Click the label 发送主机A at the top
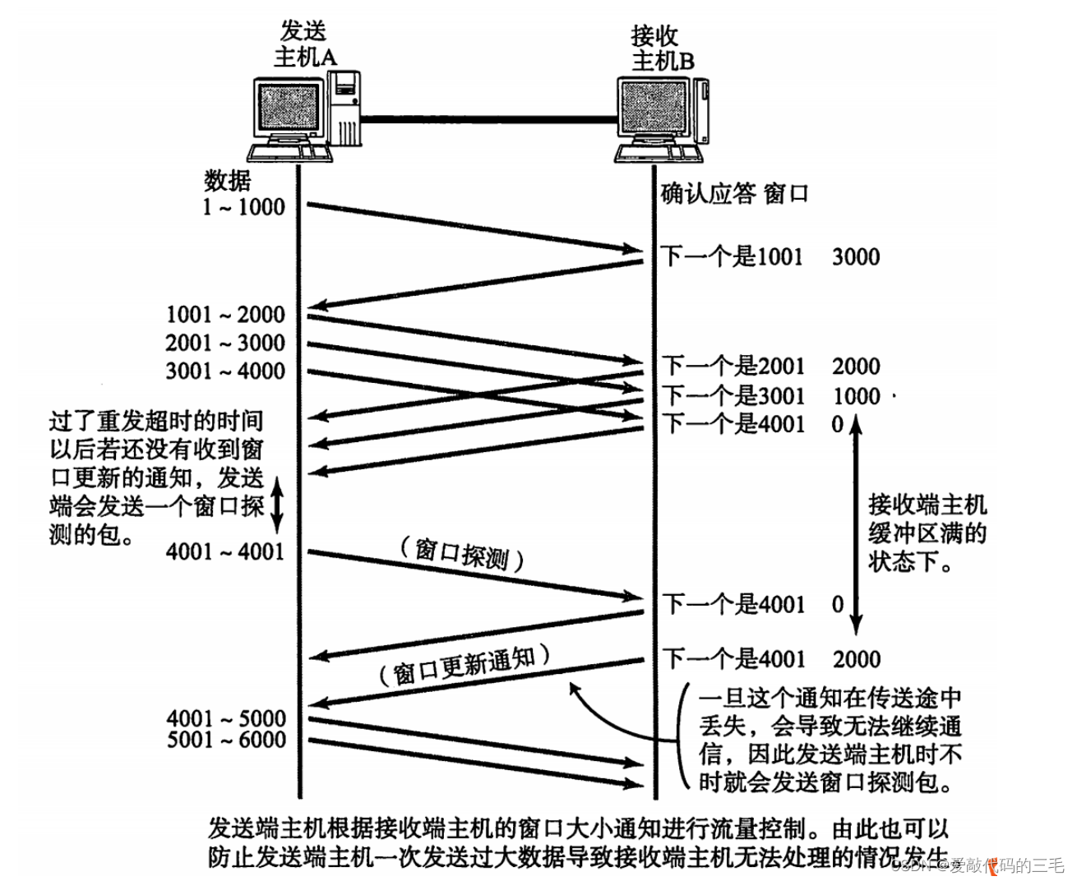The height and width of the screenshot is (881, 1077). coord(304,44)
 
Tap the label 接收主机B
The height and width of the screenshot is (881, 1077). coord(662,48)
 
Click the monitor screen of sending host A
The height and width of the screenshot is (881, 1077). coord(286,110)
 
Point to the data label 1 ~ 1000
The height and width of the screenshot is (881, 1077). coord(243,206)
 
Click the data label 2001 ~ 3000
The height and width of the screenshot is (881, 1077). coord(224,343)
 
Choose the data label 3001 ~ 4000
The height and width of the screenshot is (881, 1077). coord(224,371)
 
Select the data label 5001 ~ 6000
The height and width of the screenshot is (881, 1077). coord(227,740)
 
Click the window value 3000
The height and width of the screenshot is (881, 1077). coord(856,257)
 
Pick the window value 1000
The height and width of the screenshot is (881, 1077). coord(856,396)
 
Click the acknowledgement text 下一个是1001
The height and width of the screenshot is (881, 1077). coord(732,257)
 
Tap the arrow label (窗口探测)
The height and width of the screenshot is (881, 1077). coord(462,555)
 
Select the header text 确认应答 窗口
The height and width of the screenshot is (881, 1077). coord(734,194)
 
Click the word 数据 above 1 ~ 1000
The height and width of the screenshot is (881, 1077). coord(228,180)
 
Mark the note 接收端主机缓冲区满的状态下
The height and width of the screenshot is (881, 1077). coord(927,533)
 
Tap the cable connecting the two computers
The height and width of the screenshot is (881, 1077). coord(488,120)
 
